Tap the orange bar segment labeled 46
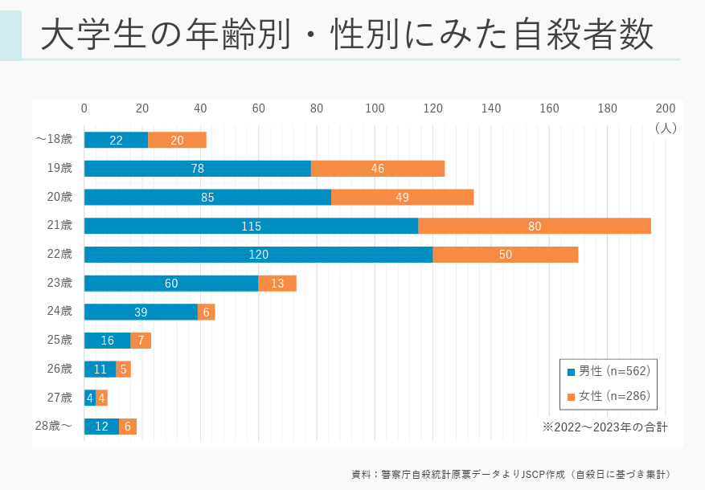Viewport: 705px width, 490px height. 378,169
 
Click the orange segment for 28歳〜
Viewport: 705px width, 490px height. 128,427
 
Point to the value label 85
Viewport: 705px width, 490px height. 207,198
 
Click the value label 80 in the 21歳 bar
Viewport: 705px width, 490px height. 535,227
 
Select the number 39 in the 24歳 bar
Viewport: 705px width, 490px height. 141,312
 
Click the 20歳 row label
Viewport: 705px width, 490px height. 59,197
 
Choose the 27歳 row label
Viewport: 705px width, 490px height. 59,398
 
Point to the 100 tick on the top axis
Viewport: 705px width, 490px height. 375,108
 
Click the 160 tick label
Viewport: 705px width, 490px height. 549,108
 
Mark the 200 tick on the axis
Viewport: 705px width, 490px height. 666,108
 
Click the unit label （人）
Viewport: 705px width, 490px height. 666,127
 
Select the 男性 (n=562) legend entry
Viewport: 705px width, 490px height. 609,371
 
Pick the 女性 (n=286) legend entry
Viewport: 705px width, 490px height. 609,396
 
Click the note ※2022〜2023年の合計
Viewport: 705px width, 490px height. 605,427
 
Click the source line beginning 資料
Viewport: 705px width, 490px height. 511,474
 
